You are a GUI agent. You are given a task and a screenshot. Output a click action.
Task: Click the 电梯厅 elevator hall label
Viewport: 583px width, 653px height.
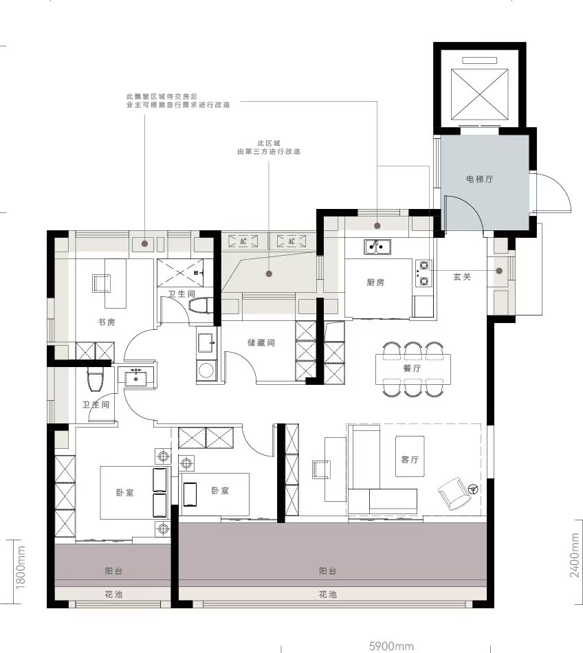tap(480, 179)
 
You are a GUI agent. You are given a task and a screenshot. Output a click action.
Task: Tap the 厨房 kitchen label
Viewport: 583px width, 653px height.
tap(375, 283)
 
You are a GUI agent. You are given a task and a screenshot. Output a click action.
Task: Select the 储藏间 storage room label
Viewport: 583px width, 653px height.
tap(261, 343)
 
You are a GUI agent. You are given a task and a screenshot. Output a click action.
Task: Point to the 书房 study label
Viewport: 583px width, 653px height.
tap(106, 322)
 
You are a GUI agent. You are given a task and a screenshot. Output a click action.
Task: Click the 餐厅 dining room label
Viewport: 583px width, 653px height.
tap(412, 368)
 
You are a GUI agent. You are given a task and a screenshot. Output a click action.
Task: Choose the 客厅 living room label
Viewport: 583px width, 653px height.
tap(410, 459)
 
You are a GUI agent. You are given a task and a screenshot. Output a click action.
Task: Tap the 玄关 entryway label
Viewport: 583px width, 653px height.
tap(462, 276)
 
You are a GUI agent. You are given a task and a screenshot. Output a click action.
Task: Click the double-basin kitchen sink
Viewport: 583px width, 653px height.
tap(377, 247)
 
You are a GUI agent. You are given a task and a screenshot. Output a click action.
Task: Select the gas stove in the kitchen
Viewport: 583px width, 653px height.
tap(423, 273)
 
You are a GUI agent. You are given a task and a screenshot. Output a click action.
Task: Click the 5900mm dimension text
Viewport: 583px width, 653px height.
tap(391, 646)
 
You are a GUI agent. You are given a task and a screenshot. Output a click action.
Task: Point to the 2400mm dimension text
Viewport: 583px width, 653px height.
tap(575, 555)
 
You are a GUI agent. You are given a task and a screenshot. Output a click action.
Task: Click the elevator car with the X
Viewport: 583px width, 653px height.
tap(480, 94)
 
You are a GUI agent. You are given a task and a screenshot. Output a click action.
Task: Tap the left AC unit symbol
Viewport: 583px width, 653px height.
tap(243, 241)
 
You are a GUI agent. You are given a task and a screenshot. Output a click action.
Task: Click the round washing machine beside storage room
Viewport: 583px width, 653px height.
tap(206, 370)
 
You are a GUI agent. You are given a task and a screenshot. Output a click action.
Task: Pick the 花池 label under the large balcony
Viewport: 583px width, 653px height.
tap(328, 595)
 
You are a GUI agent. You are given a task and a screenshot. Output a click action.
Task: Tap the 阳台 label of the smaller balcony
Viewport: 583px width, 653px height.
tap(113, 571)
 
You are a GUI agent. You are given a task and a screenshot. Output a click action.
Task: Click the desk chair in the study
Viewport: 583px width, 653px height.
tap(102, 283)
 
